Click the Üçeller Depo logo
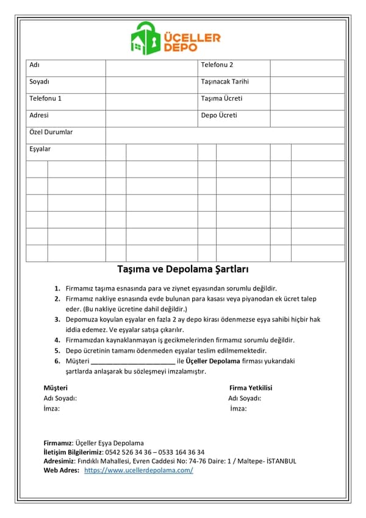click(x=176, y=38)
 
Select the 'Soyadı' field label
click(x=39, y=82)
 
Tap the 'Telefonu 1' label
click(x=45, y=98)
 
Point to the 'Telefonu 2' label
click(x=217, y=65)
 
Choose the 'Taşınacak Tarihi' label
click(x=224, y=82)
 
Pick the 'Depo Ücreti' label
click(x=219, y=115)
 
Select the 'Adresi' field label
click(x=39, y=115)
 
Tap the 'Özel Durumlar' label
click(x=51, y=132)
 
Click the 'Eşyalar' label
click(x=40, y=149)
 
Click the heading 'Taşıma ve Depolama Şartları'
click(x=182, y=269)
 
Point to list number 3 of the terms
click(x=57, y=319)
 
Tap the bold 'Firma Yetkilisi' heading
click(x=251, y=388)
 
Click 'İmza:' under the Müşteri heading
click(x=51, y=409)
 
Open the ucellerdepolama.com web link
click(x=138, y=470)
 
